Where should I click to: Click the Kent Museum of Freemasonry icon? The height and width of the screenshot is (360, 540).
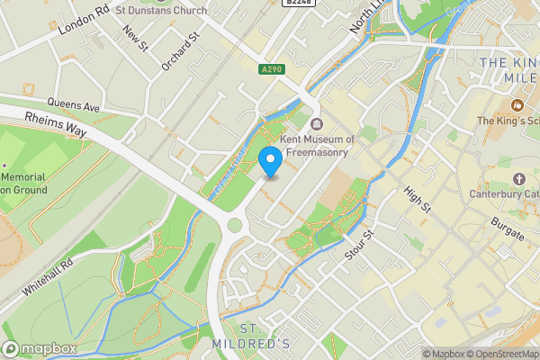[x=317, y=124]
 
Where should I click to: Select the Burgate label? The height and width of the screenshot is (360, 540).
[x=508, y=228]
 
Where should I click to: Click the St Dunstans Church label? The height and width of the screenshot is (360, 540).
[x=161, y=10]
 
